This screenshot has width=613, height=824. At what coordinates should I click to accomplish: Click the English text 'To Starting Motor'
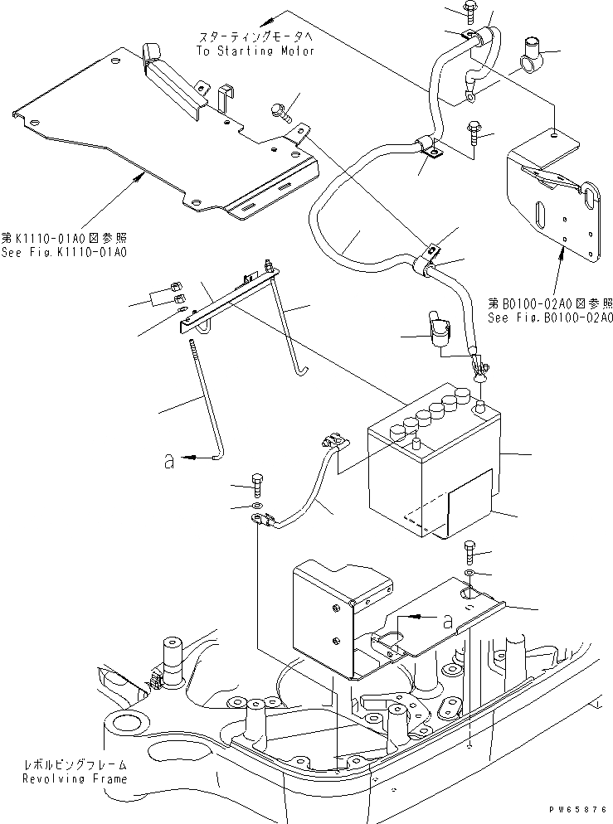click(255, 51)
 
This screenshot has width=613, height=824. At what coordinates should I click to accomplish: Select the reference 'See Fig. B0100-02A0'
click(550, 317)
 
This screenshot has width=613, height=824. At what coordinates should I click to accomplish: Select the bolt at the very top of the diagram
click(469, 11)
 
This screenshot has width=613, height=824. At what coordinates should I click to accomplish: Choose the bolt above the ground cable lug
click(256, 482)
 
